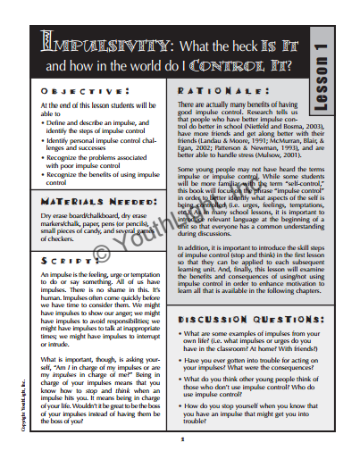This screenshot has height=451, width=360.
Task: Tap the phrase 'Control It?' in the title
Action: pos(263,66)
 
